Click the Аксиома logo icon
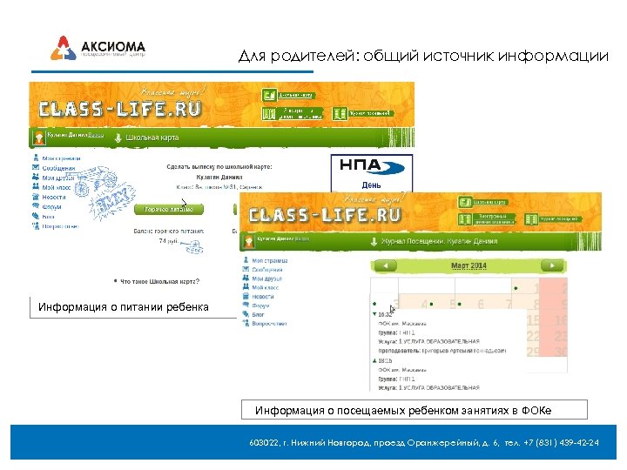[x=63, y=48]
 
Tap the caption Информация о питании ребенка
[x=124, y=307]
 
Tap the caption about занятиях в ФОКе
[x=403, y=410]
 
